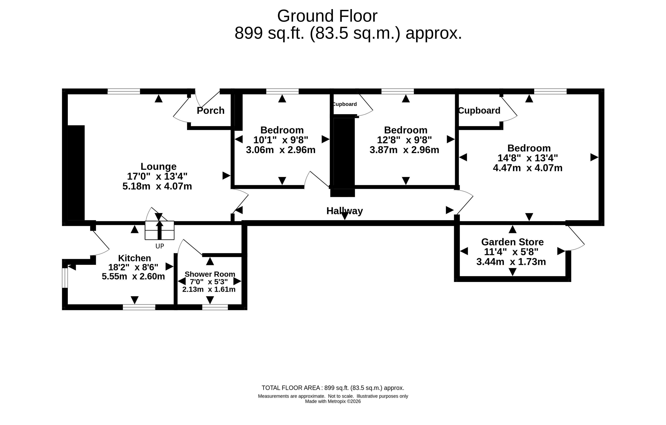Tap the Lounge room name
pyautogui.click(x=159, y=166)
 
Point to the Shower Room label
pyautogui.click(x=210, y=274)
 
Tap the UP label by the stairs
pyautogui.click(x=160, y=246)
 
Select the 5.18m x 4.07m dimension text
pyautogui.click(x=157, y=186)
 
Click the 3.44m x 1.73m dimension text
pyautogui.click(x=511, y=262)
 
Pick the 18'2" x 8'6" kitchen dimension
pyautogui.click(x=133, y=267)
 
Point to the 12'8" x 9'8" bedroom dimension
pyautogui.click(x=404, y=140)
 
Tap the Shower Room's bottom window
pyautogui.click(x=215, y=307)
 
